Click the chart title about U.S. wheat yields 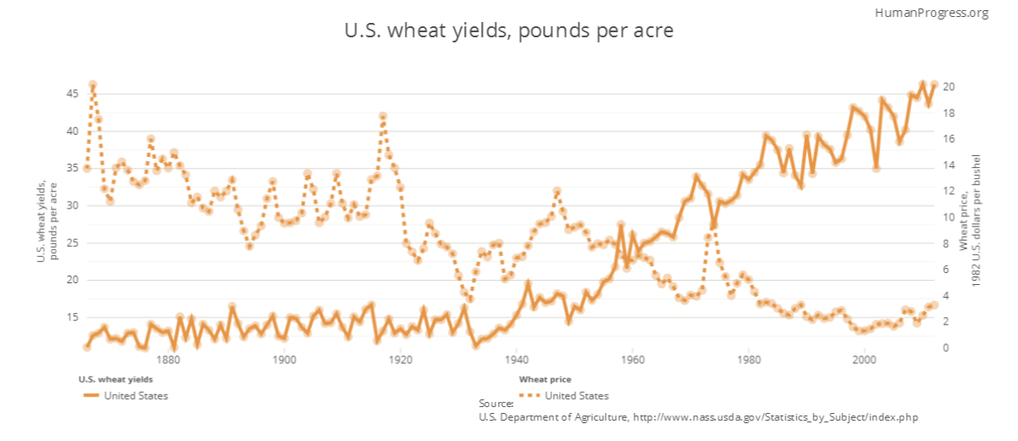pyautogui.click(x=508, y=31)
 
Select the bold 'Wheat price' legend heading pyautogui.click(x=545, y=379)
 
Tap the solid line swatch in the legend pyautogui.click(x=90, y=395)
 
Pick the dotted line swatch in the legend pyautogui.click(x=529, y=395)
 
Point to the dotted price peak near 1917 pyautogui.click(x=383, y=116)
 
